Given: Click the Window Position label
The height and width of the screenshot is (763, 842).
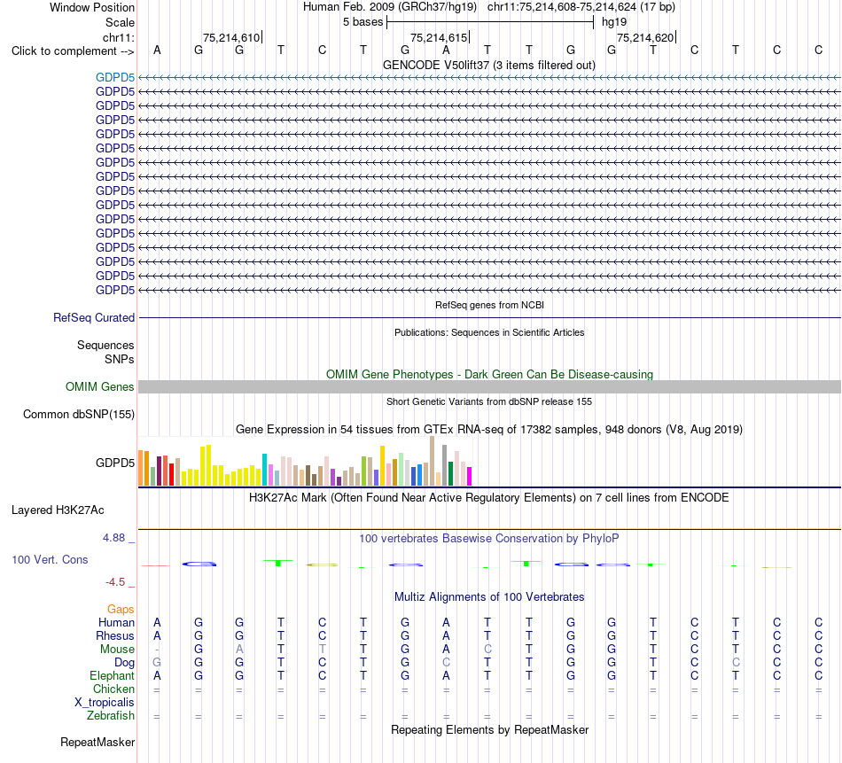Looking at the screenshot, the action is (x=92, y=7).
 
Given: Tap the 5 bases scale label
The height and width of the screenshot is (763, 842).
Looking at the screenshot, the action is (x=363, y=22).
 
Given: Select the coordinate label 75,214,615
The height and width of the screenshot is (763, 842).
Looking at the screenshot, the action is (x=439, y=37).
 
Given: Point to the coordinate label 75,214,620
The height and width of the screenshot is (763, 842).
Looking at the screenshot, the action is (x=645, y=37).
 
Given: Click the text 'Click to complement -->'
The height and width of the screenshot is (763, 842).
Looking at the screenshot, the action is (x=73, y=51).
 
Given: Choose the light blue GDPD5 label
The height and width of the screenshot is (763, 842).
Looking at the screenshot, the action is (x=115, y=77).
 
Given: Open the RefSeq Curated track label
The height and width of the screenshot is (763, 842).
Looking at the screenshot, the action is (x=94, y=317).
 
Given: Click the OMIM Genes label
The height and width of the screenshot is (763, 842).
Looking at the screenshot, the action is (x=100, y=386).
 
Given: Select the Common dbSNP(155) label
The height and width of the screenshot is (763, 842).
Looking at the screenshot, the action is (x=79, y=414).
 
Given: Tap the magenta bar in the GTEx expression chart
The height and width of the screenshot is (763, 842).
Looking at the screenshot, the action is (x=469, y=476).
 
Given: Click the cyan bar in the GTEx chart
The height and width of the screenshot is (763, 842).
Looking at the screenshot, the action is (x=264, y=470).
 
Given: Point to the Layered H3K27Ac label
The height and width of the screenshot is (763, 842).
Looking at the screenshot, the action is (x=58, y=510).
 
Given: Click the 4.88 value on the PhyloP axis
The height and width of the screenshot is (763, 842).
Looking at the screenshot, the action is (x=113, y=538).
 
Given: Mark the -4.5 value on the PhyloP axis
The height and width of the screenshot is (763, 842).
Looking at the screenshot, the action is (x=115, y=582).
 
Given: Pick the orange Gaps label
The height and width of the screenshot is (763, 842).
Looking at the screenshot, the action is (x=121, y=609).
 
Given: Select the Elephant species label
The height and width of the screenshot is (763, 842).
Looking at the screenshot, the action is (x=113, y=675).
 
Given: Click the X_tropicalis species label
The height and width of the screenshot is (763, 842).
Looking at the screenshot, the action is (x=105, y=703).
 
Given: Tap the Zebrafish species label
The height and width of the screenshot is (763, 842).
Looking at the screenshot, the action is (x=111, y=716).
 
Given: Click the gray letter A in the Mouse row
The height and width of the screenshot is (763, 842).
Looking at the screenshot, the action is (x=239, y=650).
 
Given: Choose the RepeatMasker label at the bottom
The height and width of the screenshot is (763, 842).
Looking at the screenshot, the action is (x=97, y=742).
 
